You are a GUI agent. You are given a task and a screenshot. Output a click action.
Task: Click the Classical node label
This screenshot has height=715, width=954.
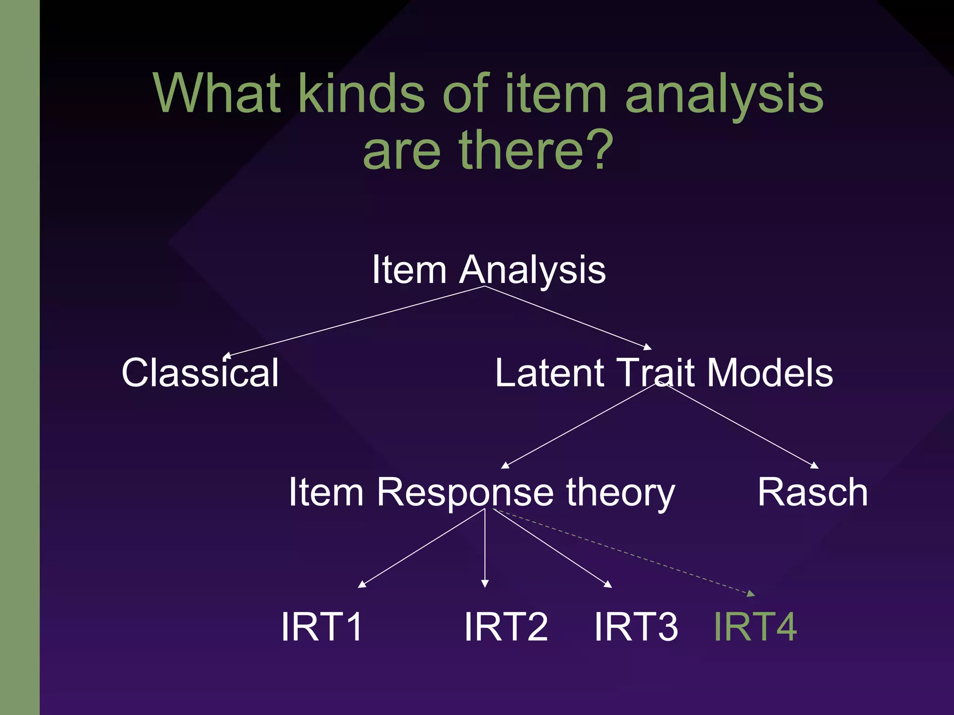(x=200, y=373)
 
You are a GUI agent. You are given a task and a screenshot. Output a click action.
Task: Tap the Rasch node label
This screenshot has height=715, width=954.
(x=812, y=492)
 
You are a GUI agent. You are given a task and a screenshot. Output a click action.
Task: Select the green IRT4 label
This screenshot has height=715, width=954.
(x=755, y=627)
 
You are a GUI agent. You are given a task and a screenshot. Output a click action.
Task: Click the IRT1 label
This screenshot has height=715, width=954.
(x=322, y=627)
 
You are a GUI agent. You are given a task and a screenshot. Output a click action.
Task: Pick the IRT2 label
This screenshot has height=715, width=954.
(x=506, y=627)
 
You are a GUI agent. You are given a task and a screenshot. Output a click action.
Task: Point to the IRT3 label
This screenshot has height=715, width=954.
(x=636, y=627)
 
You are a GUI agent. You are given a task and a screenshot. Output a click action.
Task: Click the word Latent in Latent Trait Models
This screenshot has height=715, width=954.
(x=550, y=373)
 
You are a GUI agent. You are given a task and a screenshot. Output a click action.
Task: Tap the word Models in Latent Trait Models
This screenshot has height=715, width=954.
(x=770, y=373)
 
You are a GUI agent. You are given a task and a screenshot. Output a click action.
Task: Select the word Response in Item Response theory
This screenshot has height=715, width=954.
(x=465, y=493)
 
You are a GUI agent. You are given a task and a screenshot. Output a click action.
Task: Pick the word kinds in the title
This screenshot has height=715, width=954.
(x=361, y=93)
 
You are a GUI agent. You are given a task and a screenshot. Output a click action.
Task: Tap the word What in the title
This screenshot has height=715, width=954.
(x=218, y=93)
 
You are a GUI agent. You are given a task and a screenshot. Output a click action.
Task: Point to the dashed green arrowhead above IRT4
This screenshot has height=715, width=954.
(x=751, y=594)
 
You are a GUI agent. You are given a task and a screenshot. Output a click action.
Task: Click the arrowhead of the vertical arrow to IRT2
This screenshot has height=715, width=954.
(x=485, y=584)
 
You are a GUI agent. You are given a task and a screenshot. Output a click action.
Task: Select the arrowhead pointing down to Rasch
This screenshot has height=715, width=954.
(x=814, y=465)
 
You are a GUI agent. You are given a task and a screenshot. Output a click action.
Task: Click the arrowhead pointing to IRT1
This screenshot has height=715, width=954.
(x=361, y=585)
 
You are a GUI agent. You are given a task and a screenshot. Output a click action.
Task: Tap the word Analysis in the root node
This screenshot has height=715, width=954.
(x=532, y=270)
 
